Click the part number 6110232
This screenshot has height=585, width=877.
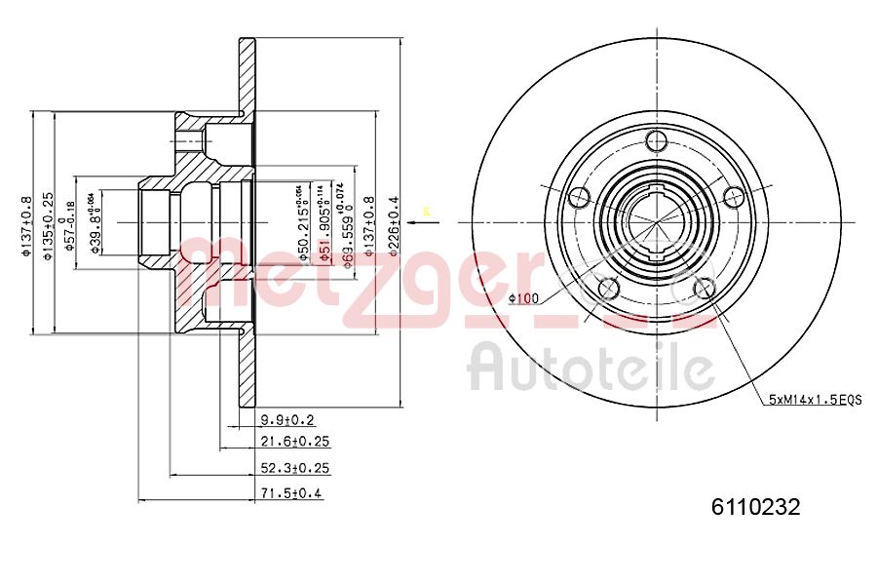pyautogui.click(x=755, y=507)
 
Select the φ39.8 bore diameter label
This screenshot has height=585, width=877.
pyautogui.click(x=94, y=222)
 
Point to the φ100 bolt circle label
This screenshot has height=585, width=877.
pyautogui.click(x=523, y=298)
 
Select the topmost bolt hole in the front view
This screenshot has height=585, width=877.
pyautogui.click(x=655, y=140)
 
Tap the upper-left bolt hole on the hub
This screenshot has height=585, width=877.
pyautogui.click(x=580, y=197)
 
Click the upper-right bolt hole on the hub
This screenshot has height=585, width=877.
pyautogui.click(x=733, y=198)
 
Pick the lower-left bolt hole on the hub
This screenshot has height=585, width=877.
pyautogui.click(x=608, y=288)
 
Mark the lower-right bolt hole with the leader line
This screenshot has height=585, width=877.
pyautogui.click(x=703, y=288)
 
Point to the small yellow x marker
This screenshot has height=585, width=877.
pyautogui.click(x=425, y=210)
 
